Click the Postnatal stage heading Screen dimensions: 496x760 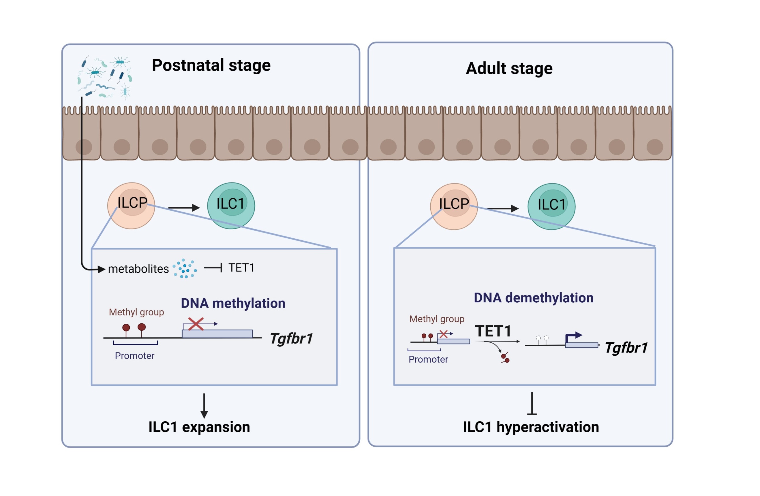click(211, 65)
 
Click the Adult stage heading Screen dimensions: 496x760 click(509, 68)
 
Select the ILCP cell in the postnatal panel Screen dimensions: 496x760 click(131, 206)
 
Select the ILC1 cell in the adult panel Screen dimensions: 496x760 click(551, 207)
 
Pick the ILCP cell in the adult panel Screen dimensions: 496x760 click(454, 207)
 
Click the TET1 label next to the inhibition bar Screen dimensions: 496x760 click(241, 268)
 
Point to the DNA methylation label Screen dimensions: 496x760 click(233, 303)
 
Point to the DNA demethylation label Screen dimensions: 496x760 click(533, 298)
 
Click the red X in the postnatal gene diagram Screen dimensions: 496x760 click(196, 324)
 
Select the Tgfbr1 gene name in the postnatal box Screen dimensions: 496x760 click(291, 338)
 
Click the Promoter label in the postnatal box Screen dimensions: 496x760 click(134, 356)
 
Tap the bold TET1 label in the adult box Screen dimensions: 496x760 click(493, 331)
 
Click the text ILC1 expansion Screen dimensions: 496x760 click(199, 427)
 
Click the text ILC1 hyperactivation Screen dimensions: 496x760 click(531, 427)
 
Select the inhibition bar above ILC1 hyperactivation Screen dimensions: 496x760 click(532, 404)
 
